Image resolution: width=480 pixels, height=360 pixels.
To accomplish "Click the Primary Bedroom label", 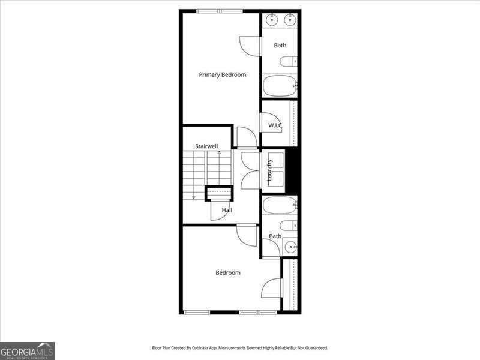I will pos(223,74).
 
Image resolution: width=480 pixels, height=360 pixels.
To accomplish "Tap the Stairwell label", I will pos(206,146).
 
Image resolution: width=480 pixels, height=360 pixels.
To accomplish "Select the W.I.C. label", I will pos(275,125).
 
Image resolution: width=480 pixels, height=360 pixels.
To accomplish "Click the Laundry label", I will pos(270,170).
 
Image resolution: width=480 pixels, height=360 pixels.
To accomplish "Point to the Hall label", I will pos(227,210).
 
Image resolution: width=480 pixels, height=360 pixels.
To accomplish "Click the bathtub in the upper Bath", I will pos(280,85).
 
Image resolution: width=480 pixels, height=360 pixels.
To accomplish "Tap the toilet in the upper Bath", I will pos(289,61).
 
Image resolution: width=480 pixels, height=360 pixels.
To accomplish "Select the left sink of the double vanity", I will pos(272,19).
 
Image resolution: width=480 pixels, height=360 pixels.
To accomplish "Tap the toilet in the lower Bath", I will pos(288,226).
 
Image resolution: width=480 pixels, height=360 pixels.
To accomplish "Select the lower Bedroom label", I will pos(228,272).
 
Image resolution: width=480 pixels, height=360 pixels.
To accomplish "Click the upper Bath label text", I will pos(280,45).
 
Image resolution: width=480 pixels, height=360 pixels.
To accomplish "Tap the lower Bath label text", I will pos(275,236).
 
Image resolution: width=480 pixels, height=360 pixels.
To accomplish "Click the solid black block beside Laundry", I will pos(293,170).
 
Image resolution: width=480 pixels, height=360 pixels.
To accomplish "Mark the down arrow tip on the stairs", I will pos(194,197).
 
